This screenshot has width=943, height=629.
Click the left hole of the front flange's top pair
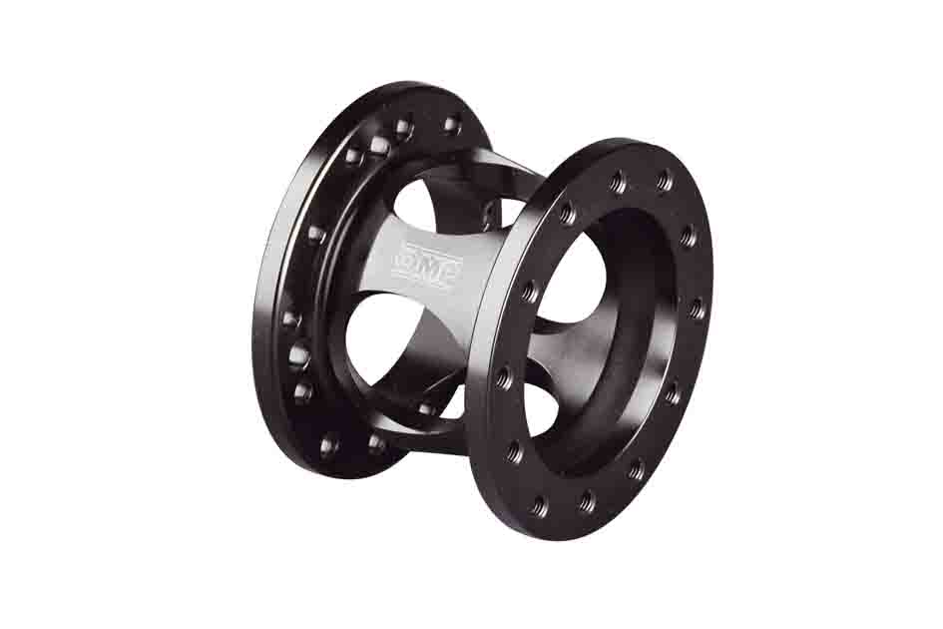click(617, 180)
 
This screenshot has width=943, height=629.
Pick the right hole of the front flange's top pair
click(664, 180)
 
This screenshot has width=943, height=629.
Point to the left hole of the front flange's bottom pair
click(540, 503)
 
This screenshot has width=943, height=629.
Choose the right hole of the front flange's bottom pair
click(588, 499)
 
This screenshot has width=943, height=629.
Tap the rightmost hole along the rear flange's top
click(450, 125)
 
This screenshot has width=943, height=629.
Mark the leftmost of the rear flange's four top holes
click(352, 156)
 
